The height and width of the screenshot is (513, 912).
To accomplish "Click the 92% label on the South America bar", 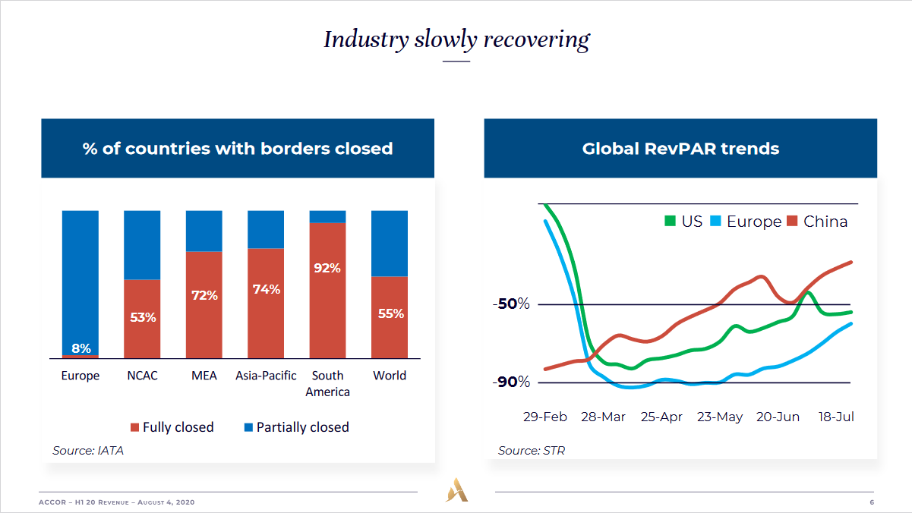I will pos(327,268).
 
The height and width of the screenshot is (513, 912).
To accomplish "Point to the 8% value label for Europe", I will pos(81,349).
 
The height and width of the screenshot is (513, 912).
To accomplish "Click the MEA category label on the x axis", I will pos(204,376).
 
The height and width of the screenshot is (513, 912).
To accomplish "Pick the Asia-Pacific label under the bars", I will pos(266,376).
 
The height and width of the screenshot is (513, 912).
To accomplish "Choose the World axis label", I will pos(390,376).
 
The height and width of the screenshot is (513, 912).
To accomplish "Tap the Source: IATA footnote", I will pos(88,451).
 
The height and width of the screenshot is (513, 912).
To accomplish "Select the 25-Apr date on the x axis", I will pos(661,417).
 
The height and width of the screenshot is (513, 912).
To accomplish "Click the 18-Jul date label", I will pos(836,417).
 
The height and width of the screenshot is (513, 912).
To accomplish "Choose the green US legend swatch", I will pos(670,222).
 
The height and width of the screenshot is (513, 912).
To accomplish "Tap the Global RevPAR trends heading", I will pos(680,149).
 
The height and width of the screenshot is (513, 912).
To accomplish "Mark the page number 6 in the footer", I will pos(872,503).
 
